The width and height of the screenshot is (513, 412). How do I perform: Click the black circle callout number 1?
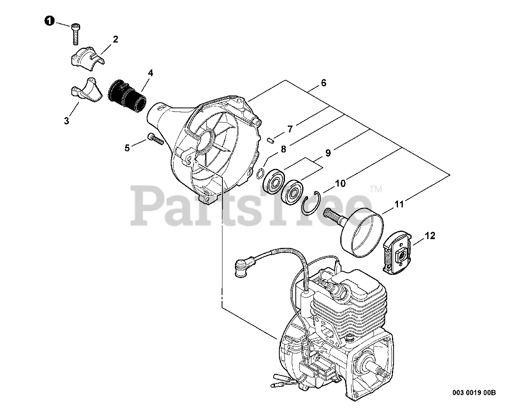(49, 21)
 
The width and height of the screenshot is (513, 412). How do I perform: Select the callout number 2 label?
(115, 39)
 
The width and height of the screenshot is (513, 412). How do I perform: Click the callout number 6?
(323, 83)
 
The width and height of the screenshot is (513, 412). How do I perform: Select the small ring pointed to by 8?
(260, 174)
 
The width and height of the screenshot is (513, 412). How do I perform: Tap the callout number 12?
(430, 236)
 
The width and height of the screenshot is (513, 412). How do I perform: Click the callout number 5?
(127, 148)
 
